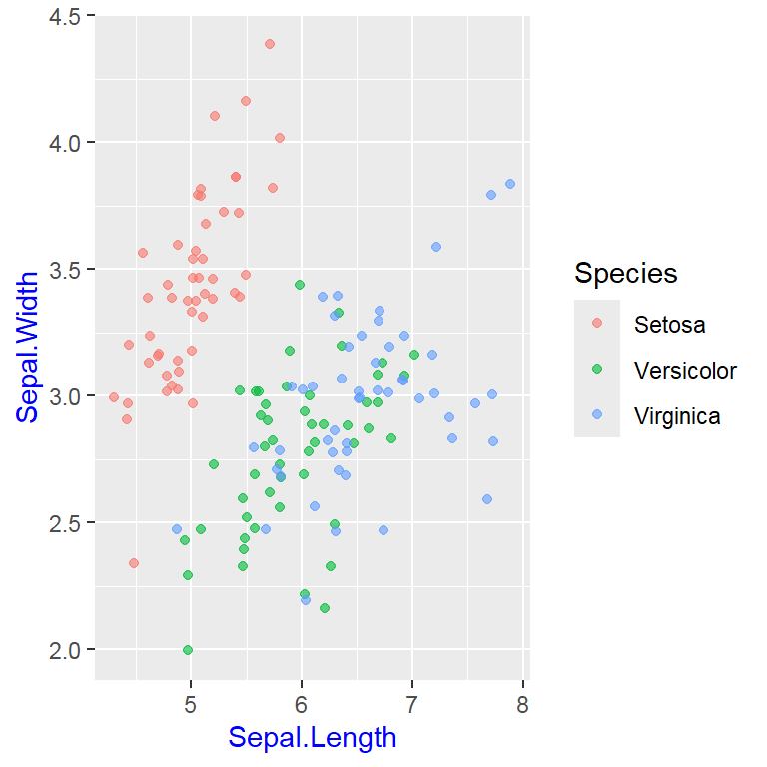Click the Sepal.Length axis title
312,738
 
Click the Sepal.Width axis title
28,346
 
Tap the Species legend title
625,273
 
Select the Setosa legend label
669,325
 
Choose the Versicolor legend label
685,371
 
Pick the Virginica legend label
677,416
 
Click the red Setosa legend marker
597,323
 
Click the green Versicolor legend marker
597,369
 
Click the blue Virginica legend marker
597,414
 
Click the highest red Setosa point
270,44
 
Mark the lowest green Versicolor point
188,650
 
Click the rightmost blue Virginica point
510,184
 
